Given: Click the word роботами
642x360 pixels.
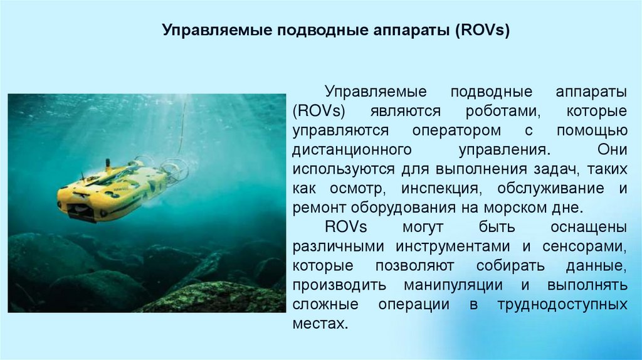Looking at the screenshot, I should point(503,111).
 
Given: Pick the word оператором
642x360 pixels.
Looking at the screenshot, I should point(448,130).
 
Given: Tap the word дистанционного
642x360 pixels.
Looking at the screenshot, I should point(351,150).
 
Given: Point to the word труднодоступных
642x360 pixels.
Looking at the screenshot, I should point(562,305).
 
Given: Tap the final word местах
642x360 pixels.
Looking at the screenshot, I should point(320,324).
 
